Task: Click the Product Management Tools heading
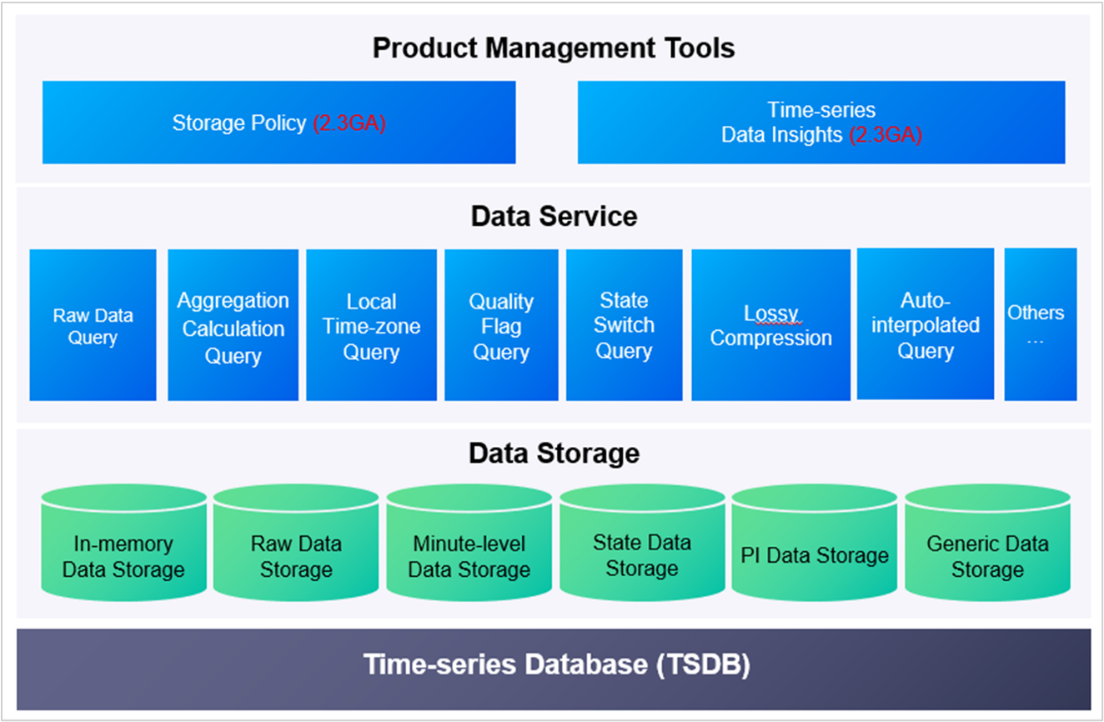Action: click(554, 48)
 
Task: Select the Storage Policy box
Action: click(279, 123)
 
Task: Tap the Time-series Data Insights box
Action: click(820, 123)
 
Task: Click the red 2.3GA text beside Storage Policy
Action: click(349, 123)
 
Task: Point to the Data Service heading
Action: click(554, 216)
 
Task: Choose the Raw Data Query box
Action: click(93, 325)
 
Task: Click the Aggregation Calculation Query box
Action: click(233, 325)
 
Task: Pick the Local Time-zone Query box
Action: click(371, 325)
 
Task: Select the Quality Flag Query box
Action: click(501, 325)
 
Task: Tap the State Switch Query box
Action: click(624, 325)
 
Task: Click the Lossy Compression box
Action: click(770, 325)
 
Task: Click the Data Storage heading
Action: click(554, 454)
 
